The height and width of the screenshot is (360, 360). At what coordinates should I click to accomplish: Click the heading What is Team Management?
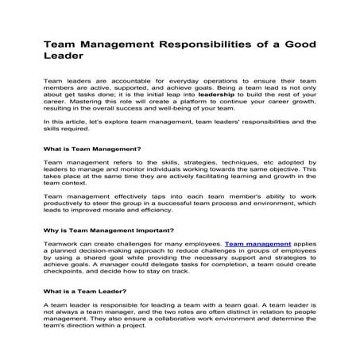(92, 149)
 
